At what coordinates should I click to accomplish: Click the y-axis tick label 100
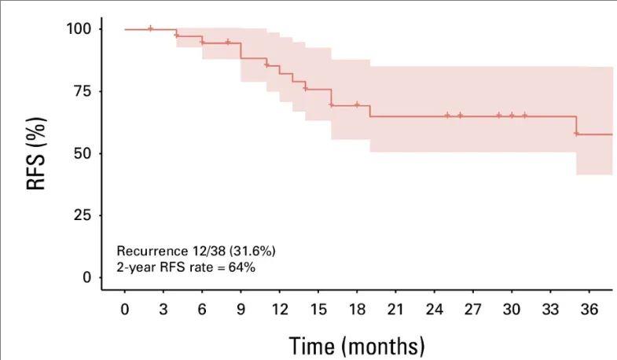81,29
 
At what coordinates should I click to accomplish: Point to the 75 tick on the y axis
84,91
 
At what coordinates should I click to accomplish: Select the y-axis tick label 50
84,152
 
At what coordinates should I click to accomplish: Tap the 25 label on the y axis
84,215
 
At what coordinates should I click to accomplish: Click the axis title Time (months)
357,345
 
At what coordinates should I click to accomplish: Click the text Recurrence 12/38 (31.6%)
196,251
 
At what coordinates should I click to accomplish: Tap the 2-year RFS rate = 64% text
186,267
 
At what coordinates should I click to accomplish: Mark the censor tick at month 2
151,28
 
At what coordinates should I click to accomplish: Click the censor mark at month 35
576,134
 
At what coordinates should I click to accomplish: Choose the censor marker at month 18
357,105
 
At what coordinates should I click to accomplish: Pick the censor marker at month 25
447,116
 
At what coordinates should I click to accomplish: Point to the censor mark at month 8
228,42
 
